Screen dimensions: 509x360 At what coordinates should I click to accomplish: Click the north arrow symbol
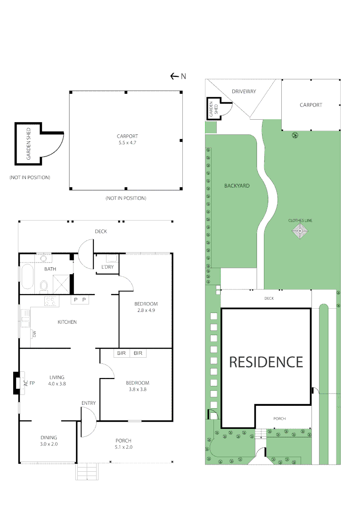click(x=174, y=76)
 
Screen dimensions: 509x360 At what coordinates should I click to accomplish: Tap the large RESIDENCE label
click(x=266, y=362)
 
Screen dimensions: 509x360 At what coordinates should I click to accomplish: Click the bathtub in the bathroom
click(x=26, y=277)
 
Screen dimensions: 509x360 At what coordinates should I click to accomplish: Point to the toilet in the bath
click(x=44, y=285)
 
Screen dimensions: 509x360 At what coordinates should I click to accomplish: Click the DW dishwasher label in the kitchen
click(x=34, y=334)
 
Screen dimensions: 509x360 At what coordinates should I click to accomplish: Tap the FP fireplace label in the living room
click(x=33, y=383)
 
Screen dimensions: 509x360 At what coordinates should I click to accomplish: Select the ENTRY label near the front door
click(x=88, y=403)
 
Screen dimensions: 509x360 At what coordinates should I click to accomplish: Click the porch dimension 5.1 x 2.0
click(x=123, y=447)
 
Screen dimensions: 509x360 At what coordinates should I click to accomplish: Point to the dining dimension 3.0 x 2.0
click(x=49, y=444)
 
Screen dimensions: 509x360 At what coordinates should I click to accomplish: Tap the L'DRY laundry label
click(x=107, y=268)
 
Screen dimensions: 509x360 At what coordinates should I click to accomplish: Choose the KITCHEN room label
click(x=67, y=322)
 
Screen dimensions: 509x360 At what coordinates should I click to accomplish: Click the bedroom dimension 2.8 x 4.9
click(x=145, y=310)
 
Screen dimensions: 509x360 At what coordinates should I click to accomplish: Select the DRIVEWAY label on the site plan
click(x=244, y=91)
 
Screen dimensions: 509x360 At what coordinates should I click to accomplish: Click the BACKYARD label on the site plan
click(x=237, y=186)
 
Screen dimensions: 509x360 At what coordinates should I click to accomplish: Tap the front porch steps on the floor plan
click(x=88, y=471)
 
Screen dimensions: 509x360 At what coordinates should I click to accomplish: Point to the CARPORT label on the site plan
click(x=311, y=105)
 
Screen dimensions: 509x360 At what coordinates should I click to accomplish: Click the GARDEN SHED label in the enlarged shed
click(x=29, y=144)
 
